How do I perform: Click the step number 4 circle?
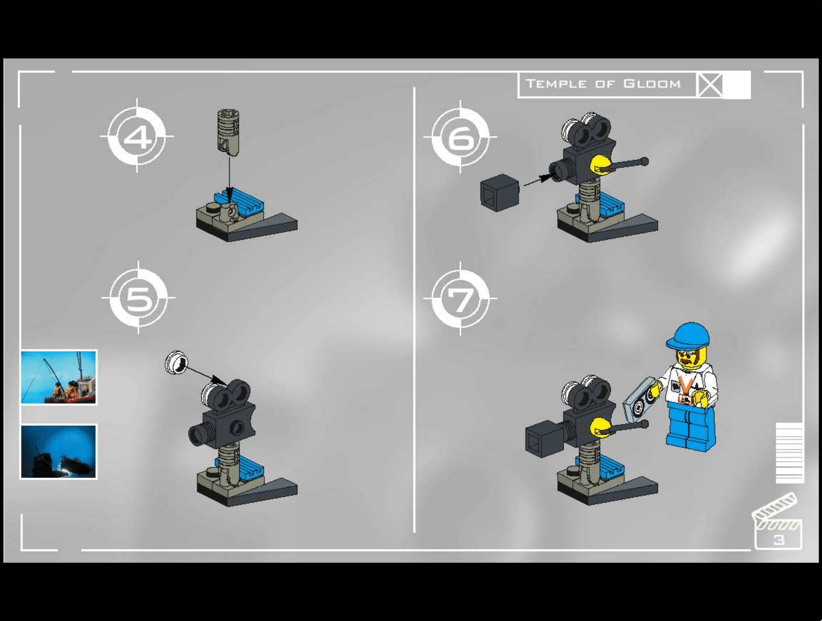pos(137,137)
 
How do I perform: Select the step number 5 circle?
pos(138,298)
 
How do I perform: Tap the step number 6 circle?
pos(460,137)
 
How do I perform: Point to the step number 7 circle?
pos(460,299)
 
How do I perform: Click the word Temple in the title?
pos(556,84)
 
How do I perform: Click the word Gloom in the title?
pos(652,84)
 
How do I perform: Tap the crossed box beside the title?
pos(710,85)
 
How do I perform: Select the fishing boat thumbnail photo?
pos(59,377)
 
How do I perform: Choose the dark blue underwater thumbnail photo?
pos(59,452)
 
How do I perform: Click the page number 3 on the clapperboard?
pos(779,540)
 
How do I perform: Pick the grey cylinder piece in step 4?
pos(228,132)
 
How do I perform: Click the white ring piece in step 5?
pos(176,363)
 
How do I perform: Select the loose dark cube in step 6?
pos(499,192)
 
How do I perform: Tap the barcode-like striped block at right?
pos(790,453)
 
